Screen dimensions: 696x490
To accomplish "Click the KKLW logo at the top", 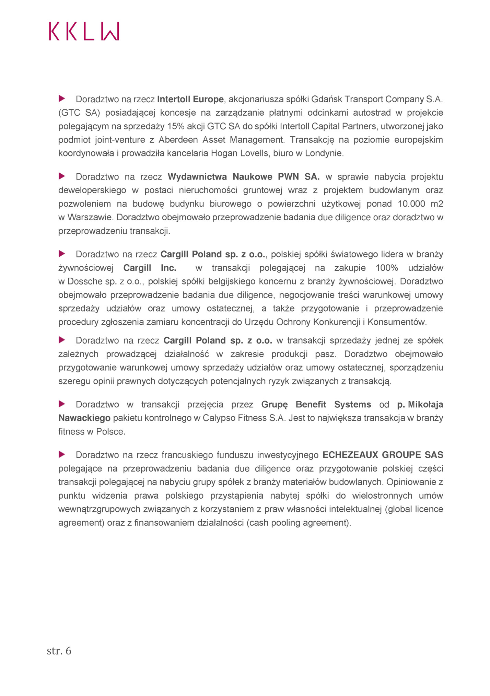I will point(84,31).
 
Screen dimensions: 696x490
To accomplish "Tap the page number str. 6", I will point(59,651).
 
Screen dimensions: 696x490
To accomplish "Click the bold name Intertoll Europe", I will point(190,99).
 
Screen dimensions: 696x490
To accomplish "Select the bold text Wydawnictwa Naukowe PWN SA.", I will point(244,177).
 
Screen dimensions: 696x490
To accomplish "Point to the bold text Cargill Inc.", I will point(150,268).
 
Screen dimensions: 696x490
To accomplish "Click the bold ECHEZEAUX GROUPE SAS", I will point(383,455).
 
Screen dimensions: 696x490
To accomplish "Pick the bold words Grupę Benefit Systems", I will point(316,404).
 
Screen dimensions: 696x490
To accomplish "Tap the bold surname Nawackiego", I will point(84,418).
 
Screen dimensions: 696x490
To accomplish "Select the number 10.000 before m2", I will point(411,204).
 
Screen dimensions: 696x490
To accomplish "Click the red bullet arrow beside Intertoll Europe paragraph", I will point(62,99).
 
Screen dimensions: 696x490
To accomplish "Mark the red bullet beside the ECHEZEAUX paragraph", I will point(62,454).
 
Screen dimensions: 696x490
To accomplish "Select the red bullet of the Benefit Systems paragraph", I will point(62,404).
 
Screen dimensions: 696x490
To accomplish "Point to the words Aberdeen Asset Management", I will point(222,140).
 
